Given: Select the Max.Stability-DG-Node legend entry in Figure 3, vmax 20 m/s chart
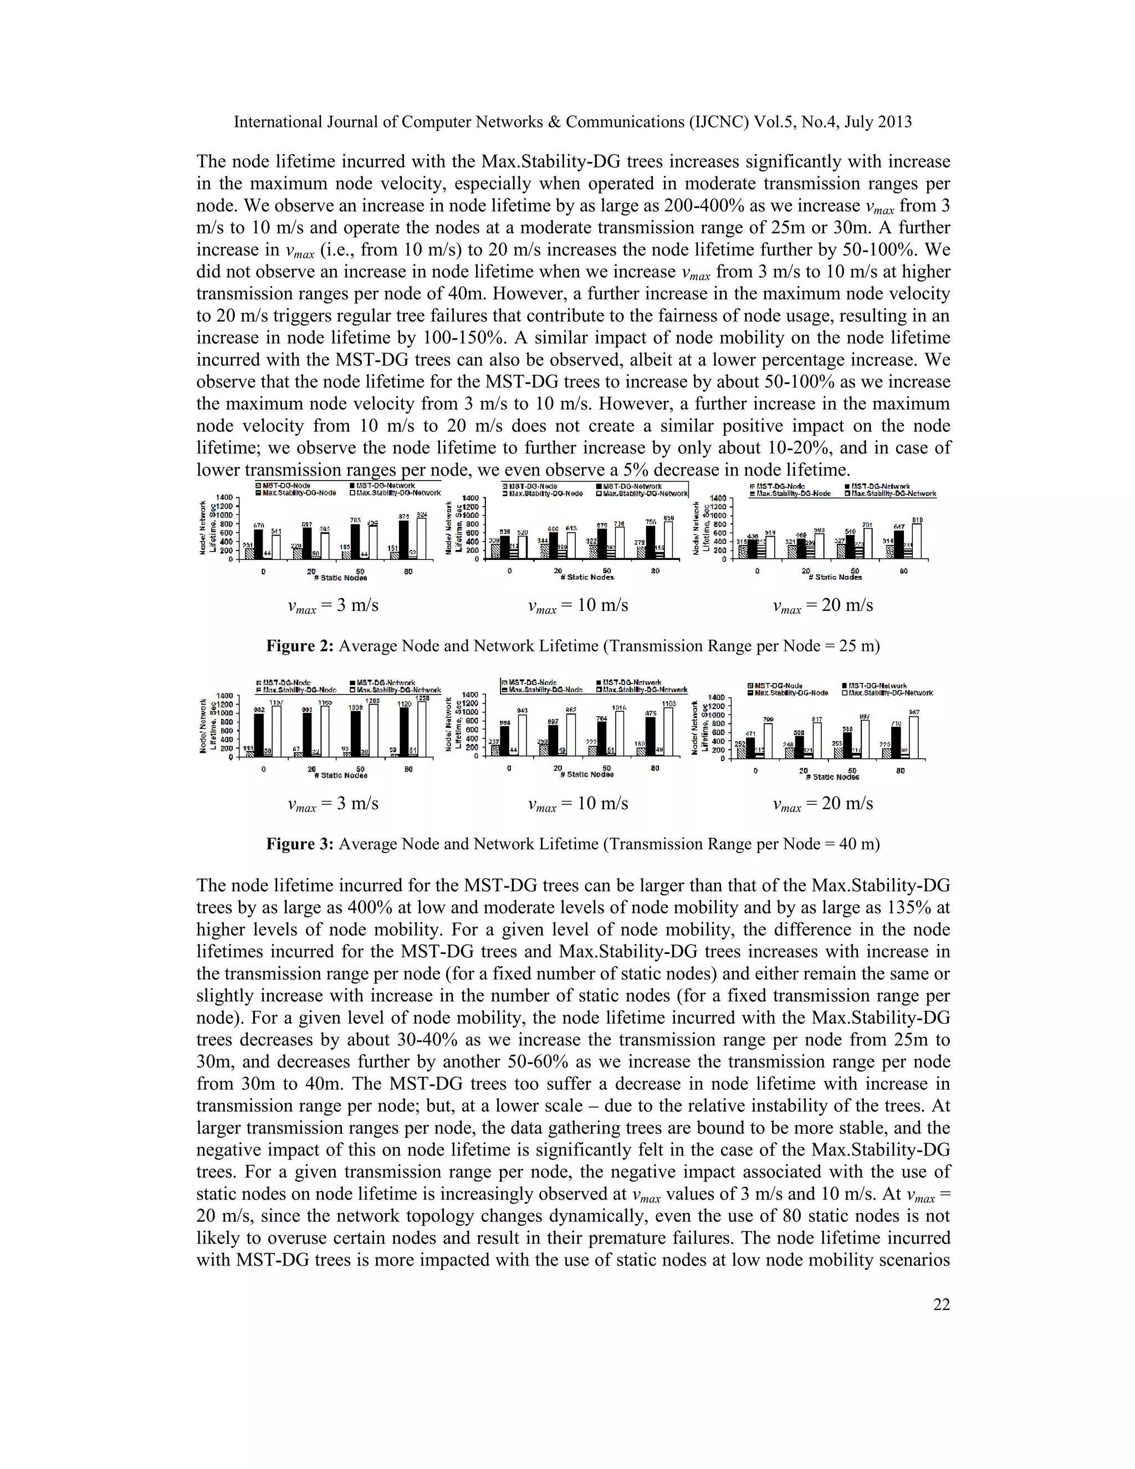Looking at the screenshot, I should pos(785,692).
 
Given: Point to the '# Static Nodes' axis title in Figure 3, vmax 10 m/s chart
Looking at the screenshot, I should pos(586,774).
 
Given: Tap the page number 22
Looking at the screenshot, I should pos(942,1305).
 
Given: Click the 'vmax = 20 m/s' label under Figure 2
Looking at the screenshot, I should pos(822,606).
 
